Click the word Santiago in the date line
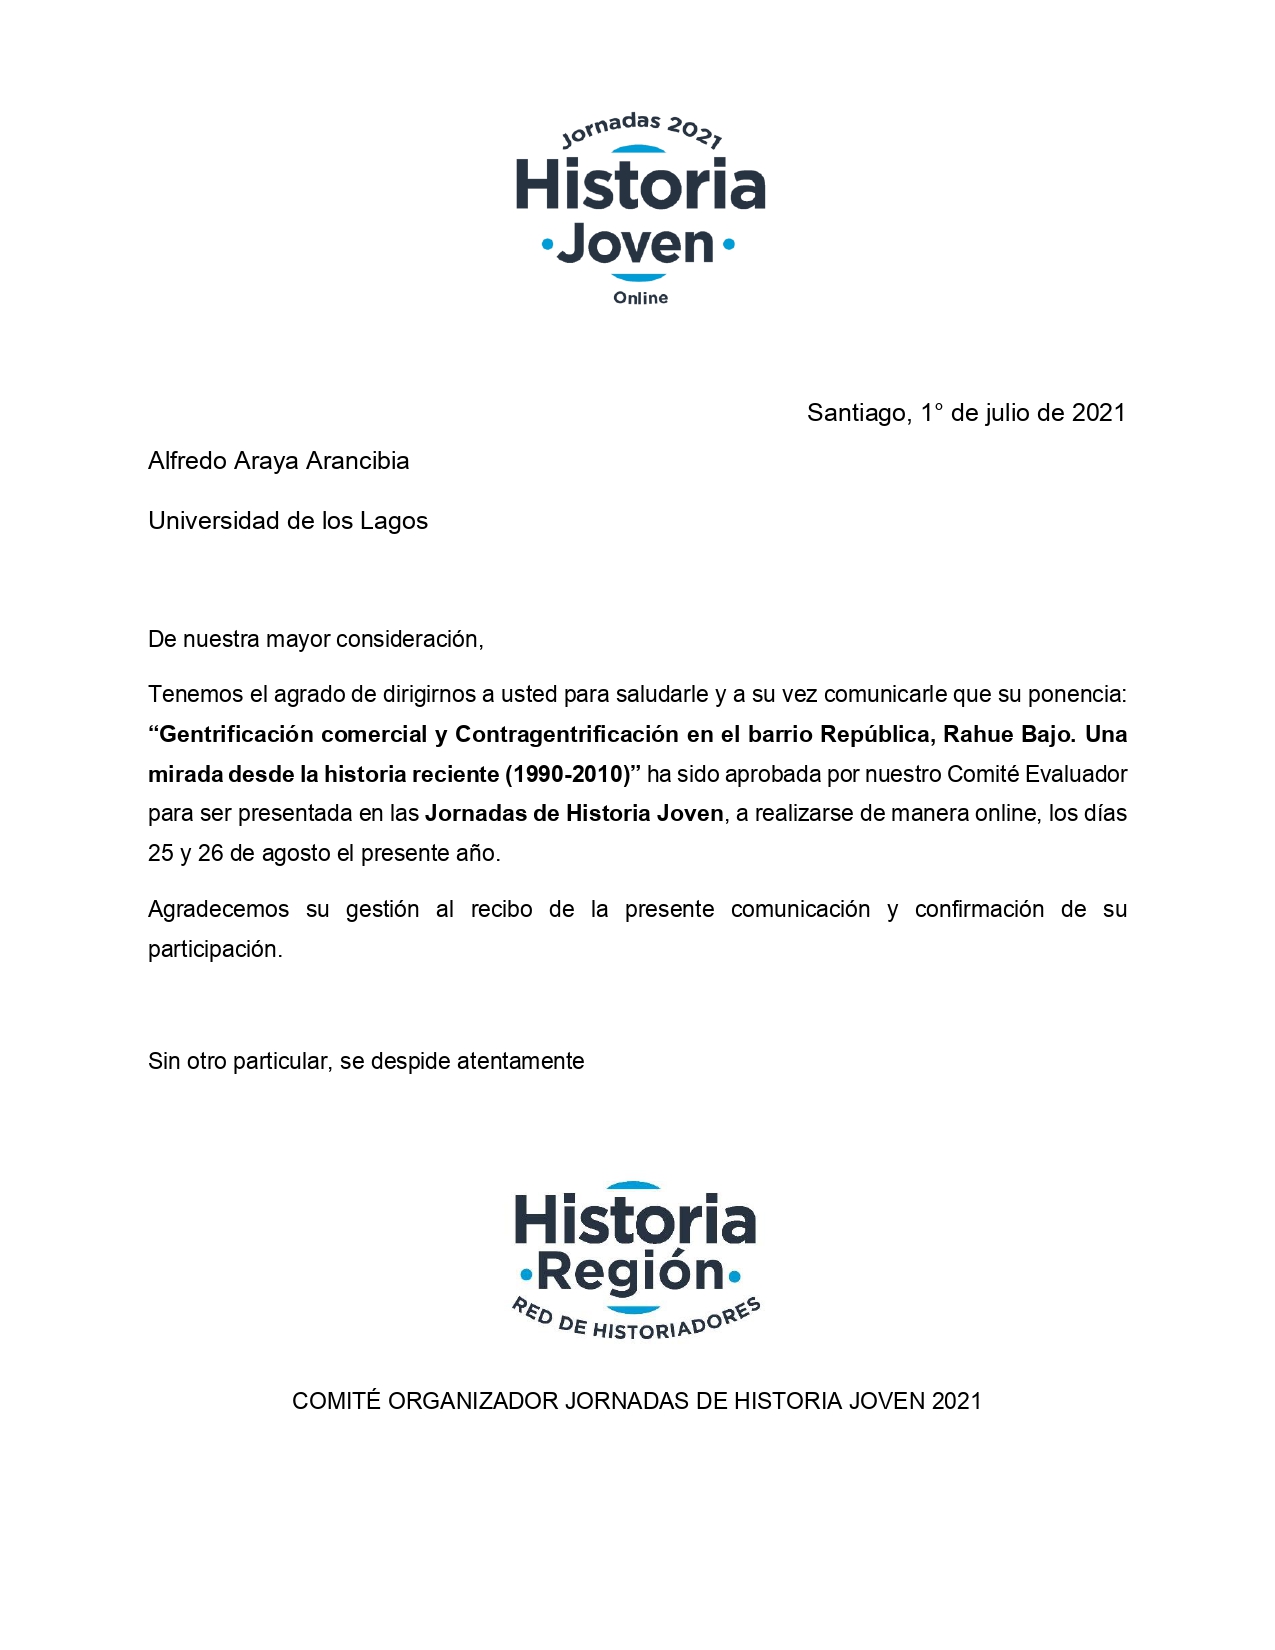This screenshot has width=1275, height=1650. (x=858, y=413)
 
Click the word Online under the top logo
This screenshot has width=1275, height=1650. (x=640, y=298)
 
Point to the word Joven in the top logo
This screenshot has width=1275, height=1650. (x=636, y=244)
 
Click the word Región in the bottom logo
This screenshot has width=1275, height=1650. (x=630, y=1272)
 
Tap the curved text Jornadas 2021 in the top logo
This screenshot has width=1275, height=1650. (x=641, y=129)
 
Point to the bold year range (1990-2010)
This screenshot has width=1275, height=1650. (x=568, y=774)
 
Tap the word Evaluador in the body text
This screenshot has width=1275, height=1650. (x=1076, y=774)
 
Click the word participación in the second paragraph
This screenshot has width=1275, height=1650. (x=215, y=949)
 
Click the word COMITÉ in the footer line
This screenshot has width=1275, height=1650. (x=336, y=1401)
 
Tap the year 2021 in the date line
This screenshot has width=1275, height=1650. (x=1098, y=413)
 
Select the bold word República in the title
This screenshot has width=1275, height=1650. (x=877, y=734)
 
